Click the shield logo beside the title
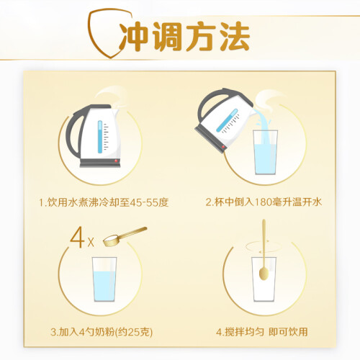(91, 36)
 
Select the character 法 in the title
(235, 37)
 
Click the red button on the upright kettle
(116, 161)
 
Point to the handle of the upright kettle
(72, 135)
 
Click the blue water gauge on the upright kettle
(100, 137)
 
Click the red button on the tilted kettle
(223, 147)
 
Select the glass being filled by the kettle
(266, 152)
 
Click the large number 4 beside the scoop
(77, 238)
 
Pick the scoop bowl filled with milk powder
(111, 240)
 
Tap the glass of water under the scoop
(104, 279)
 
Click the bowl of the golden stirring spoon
(264, 274)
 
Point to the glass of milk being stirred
(264, 279)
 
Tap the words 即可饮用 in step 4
(288, 332)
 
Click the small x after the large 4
(91, 243)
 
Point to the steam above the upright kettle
(112, 97)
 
